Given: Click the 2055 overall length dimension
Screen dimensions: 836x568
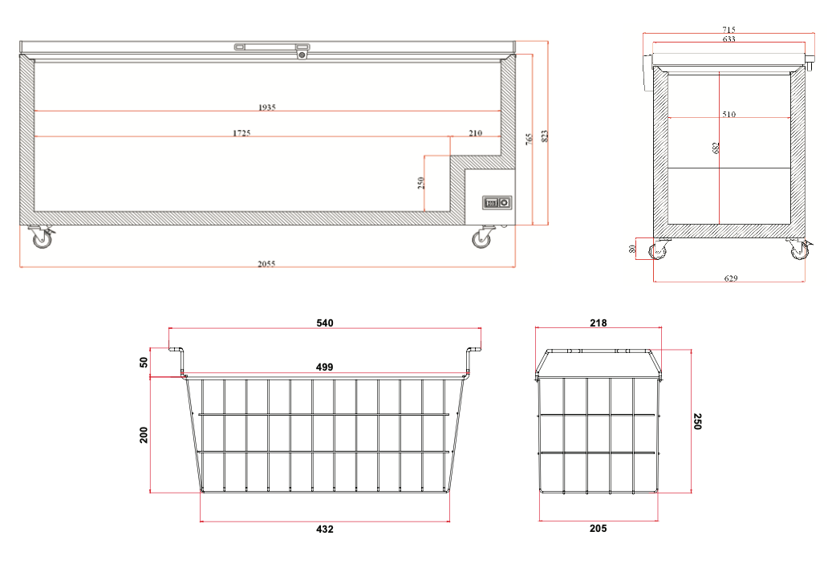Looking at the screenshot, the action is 266,263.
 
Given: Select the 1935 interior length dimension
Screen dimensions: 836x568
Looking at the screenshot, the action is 267,108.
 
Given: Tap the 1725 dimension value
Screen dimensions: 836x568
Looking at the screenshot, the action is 241,133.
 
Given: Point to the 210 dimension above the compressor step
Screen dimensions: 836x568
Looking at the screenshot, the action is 476,133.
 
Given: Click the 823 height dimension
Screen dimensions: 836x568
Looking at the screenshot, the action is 544,136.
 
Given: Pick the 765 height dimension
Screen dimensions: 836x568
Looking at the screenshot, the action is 529,140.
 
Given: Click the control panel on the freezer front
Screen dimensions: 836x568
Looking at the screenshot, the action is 497,203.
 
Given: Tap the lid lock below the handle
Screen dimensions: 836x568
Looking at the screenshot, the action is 302,55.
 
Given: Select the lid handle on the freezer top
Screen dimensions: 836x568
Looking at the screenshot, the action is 272,47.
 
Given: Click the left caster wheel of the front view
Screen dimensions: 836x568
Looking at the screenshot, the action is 42,237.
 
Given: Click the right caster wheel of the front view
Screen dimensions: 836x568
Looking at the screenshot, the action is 482,237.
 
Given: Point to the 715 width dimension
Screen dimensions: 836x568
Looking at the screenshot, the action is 728,30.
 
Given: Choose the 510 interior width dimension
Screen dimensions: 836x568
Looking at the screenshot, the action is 728,114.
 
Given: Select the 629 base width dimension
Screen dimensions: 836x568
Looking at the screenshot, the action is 731,278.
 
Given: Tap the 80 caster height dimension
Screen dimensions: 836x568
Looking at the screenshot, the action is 632,249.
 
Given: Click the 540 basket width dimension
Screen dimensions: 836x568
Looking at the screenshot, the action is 325,323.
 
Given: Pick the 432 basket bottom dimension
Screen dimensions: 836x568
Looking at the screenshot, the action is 325,529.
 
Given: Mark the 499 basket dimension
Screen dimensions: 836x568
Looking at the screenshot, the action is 325,367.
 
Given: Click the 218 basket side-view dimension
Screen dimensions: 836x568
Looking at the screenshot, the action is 599,323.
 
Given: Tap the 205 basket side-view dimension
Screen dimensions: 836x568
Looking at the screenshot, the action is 599,528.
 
